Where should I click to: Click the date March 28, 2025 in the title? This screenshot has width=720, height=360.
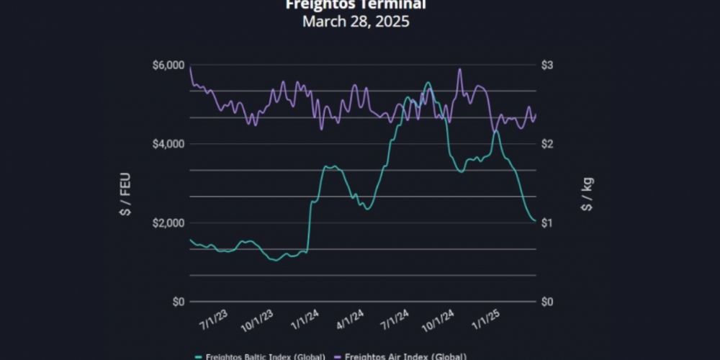tap(356, 22)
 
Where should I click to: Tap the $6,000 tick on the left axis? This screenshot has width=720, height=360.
tap(168, 66)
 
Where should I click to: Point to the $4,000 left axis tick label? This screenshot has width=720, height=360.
tap(168, 144)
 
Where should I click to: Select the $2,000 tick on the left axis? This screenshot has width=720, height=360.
tap(168, 222)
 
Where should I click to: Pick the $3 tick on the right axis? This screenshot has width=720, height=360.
tap(549, 66)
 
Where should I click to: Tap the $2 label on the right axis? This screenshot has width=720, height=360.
tap(549, 144)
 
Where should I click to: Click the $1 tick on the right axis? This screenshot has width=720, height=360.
tap(549, 222)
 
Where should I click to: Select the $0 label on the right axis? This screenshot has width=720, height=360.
tap(549, 301)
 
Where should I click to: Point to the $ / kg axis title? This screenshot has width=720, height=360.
tap(587, 194)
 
